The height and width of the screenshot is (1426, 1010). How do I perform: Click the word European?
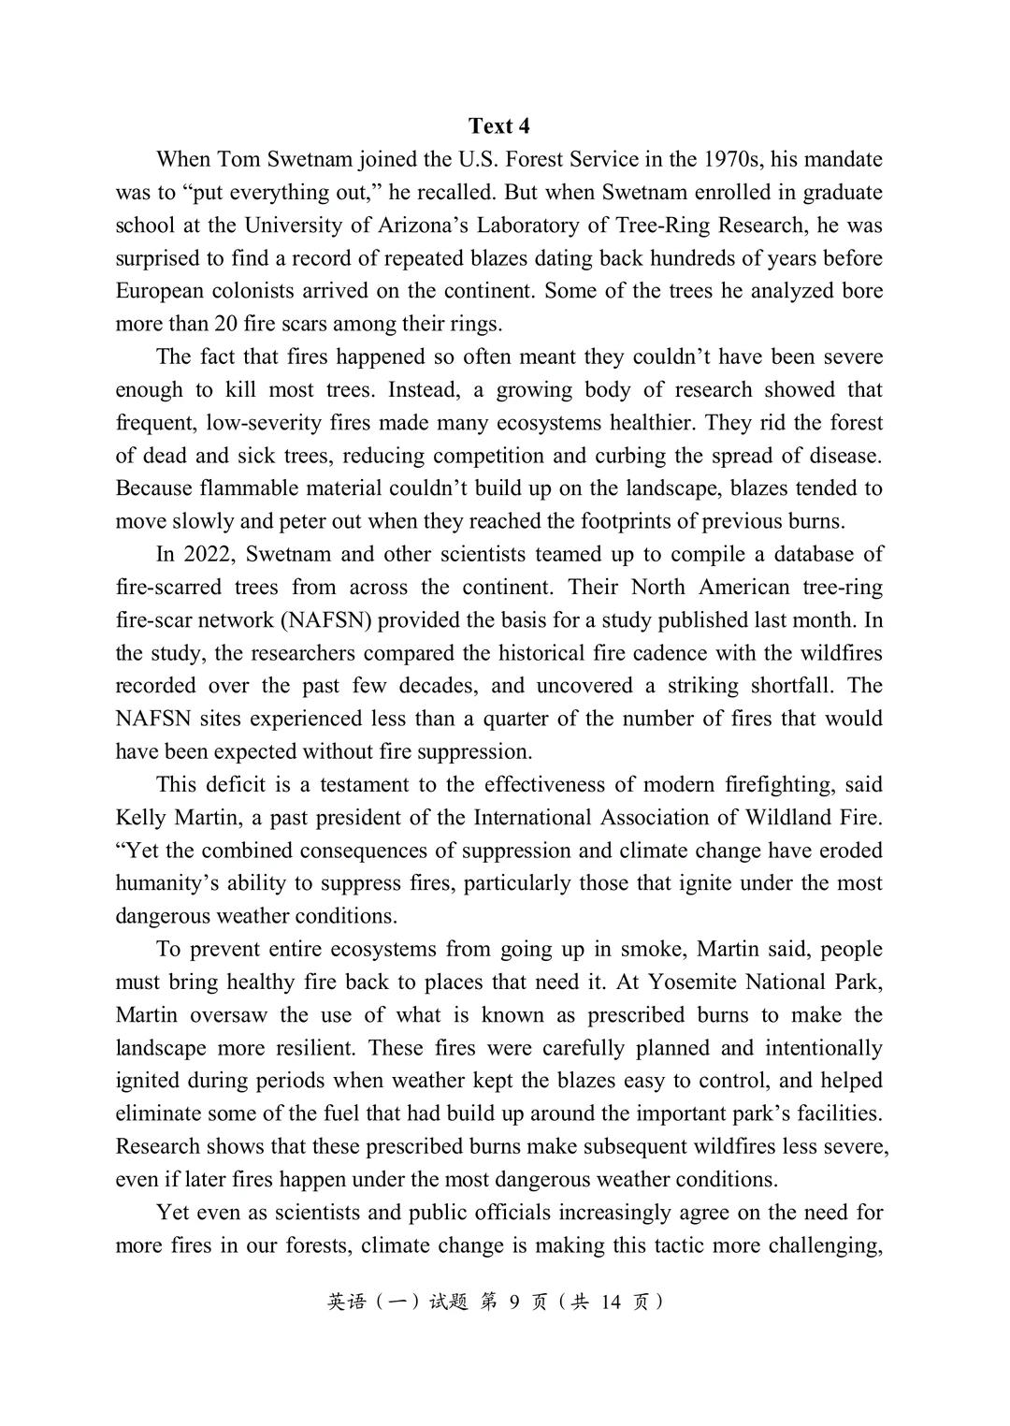(x=158, y=291)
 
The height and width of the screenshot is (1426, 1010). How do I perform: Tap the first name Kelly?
(x=141, y=818)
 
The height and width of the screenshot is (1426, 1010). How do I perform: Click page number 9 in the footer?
(x=514, y=1302)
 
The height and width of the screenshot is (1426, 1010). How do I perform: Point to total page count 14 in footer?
(x=611, y=1302)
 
